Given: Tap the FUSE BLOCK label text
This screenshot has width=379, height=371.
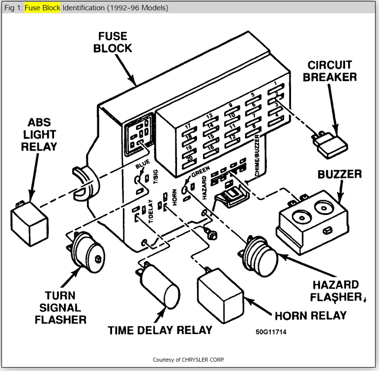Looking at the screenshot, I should pos(114,42).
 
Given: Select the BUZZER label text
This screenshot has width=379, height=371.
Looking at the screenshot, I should pos(339,175).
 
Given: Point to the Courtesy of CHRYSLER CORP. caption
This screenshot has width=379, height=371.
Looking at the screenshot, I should pos(189,359).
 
